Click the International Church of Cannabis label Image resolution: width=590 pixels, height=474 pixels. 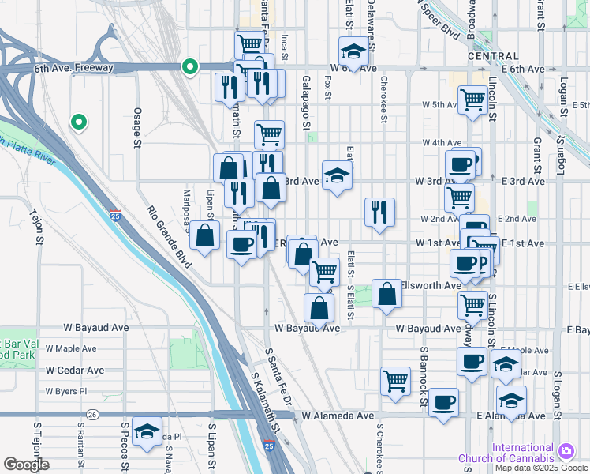[523, 453]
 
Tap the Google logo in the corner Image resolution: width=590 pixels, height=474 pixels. [26, 465]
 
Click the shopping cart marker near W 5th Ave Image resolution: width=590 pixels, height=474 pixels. [472, 100]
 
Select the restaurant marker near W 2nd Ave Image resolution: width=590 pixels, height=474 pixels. [379, 212]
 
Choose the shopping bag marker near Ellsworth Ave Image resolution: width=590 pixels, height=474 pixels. [386, 295]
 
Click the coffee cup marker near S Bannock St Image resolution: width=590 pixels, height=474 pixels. [443, 402]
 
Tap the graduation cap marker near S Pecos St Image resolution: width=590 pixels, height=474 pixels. [147, 431]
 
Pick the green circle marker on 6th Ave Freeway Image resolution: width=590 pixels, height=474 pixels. [189, 67]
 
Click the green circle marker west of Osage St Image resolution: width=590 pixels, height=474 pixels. [78, 122]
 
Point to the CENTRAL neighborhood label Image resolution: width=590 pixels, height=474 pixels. [493, 56]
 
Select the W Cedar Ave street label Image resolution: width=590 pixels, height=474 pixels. [74, 370]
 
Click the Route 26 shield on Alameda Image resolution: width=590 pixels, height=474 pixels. [93, 414]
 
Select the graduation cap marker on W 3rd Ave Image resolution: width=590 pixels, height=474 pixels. [337, 175]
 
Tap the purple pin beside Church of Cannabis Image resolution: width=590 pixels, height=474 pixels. [566, 451]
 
